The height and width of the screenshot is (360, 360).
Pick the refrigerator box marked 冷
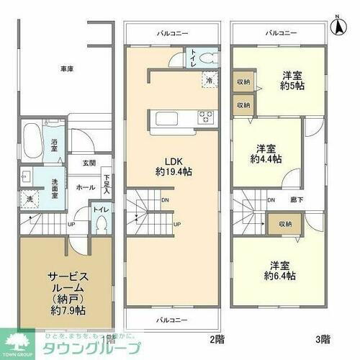pos(207,81)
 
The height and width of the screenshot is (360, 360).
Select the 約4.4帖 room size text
pos(266,158)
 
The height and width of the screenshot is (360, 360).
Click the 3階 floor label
pos(302,338)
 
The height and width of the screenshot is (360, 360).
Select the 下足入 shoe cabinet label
pos(107,184)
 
